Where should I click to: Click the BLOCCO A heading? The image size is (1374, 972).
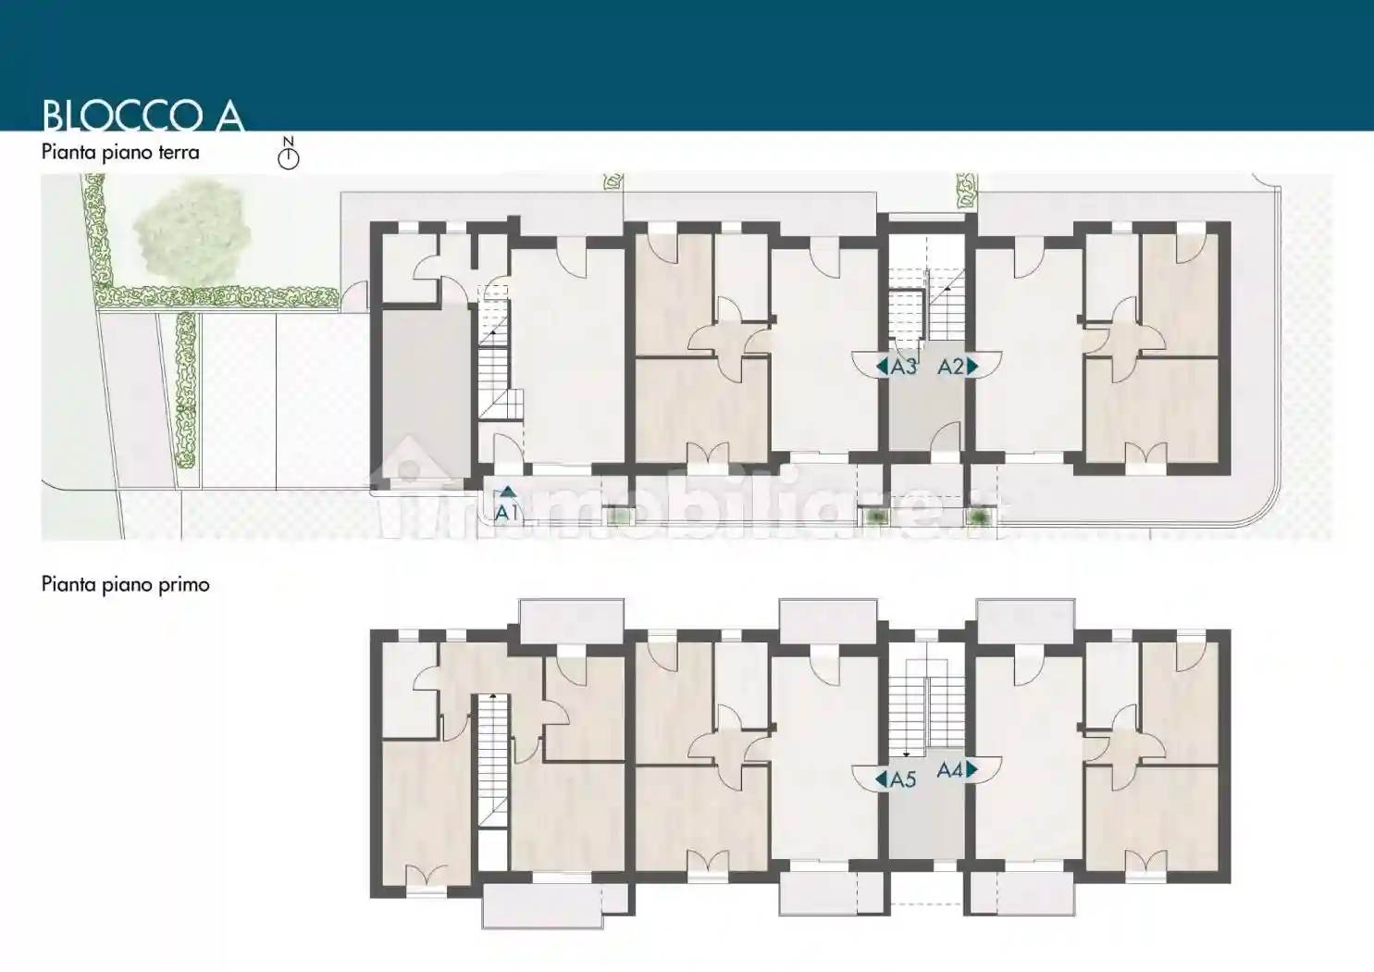tap(143, 115)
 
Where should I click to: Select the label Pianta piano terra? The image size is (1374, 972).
tap(120, 152)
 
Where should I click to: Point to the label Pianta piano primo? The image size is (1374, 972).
tap(125, 584)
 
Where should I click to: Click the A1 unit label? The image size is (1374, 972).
tap(506, 513)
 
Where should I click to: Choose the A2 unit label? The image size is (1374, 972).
tap(951, 367)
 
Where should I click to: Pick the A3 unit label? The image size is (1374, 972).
tap(904, 367)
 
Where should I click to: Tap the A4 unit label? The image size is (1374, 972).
tap(950, 770)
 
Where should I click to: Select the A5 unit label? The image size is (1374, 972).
tap(903, 779)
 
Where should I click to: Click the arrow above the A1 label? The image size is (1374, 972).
tap(507, 491)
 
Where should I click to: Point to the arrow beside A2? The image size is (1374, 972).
tap(972, 367)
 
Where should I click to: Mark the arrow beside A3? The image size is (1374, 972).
tap(882, 367)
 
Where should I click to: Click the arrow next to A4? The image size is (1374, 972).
tap(972, 769)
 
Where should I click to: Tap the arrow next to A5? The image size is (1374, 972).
tap(882, 779)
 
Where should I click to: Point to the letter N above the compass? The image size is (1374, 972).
tap(289, 142)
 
